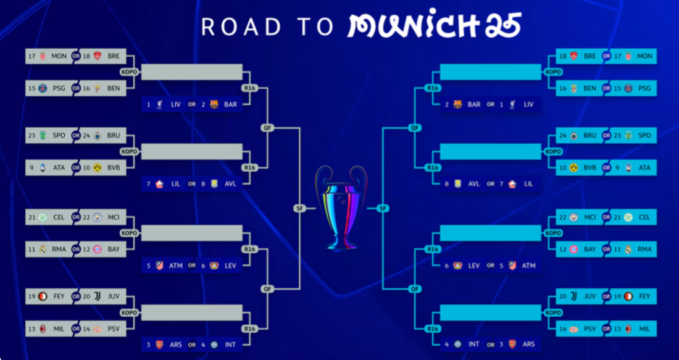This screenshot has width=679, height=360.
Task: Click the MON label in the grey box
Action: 59,56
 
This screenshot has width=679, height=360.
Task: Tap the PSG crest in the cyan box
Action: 628,88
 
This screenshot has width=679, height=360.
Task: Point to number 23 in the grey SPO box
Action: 31,135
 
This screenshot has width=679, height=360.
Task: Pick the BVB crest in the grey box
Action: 97,167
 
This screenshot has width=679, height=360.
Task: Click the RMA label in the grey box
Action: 59,249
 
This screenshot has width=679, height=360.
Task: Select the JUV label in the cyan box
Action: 589,296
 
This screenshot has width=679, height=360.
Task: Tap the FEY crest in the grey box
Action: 42,296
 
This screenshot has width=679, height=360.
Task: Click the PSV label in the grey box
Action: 114,329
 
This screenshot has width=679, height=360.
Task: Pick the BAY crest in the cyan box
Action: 573,249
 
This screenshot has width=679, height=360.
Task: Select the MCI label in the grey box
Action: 114,217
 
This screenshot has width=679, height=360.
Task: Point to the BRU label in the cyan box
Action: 589,135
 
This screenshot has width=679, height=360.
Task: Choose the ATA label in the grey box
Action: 59,167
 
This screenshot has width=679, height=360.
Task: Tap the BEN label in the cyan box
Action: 589,88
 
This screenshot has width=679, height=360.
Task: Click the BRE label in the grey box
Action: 114,56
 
